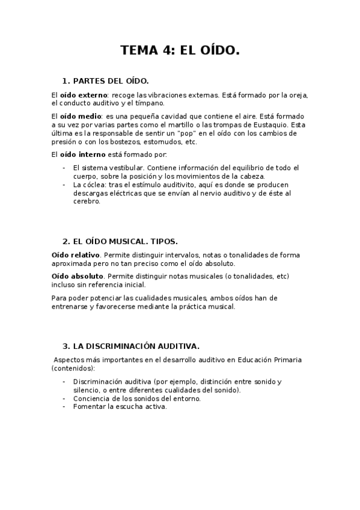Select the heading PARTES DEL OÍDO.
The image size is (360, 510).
(x=110, y=81)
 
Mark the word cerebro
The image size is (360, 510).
(x=86, y=201)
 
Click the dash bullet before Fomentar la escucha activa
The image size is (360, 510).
(x=64, y=407)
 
